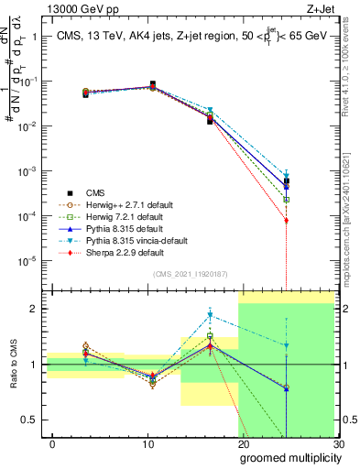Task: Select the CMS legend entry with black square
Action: click(85, 192)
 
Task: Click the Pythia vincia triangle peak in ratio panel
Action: click(210, 315)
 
